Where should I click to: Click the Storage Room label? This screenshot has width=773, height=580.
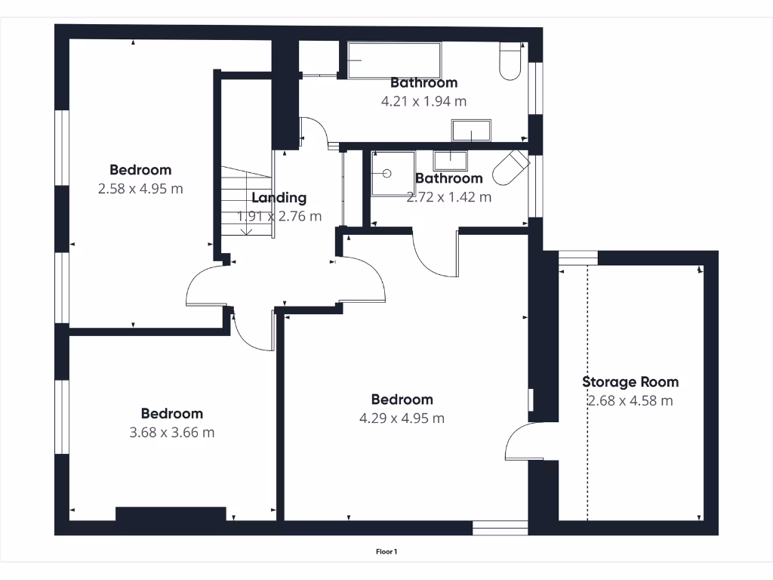coord(630,382)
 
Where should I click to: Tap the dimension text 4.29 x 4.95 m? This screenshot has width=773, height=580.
coord(402,418)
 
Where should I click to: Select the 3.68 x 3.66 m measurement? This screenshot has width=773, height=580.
coord(172,433)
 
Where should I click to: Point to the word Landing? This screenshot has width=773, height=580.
coord(279,198)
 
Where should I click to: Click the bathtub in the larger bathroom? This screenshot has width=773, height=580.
coord(394,60)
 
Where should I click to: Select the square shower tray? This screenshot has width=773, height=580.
coord(393,173)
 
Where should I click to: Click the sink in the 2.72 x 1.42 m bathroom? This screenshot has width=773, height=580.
coord(451,159)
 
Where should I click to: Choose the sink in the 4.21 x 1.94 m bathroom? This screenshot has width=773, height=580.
coord(472,131)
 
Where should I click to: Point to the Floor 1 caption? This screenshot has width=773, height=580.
coord(386,552)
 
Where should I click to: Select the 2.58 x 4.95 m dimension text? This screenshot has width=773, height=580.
coord(140,189)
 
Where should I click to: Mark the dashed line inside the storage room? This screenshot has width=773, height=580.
coord(587,393)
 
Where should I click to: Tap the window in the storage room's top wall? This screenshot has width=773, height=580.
coord(577,258)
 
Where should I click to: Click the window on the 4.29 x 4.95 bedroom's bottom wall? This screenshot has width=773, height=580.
coord(500,528)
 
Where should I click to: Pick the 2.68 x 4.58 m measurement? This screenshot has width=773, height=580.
coord(630,401)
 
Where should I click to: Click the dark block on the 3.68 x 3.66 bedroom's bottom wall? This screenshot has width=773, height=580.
coord(171,514)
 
